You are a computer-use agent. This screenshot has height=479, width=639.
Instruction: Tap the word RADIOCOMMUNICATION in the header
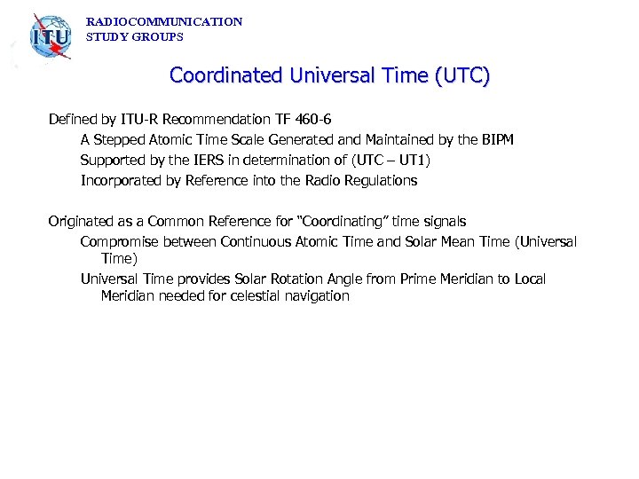pyautogui.click(x=164, y=21)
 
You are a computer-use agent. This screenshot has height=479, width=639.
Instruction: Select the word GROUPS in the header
pyautogui.click(x=159, y=37)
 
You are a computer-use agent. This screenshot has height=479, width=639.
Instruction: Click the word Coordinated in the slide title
pyautogui.click(x=226, y=75)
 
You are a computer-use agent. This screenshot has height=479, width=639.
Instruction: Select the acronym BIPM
pyautogui.click(x=495, y=139)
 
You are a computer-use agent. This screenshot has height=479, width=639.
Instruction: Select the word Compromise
pyautogui.click(x=120, y=241)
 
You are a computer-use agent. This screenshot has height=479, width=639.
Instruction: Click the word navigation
pyautogui.click(x=318, y=296)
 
